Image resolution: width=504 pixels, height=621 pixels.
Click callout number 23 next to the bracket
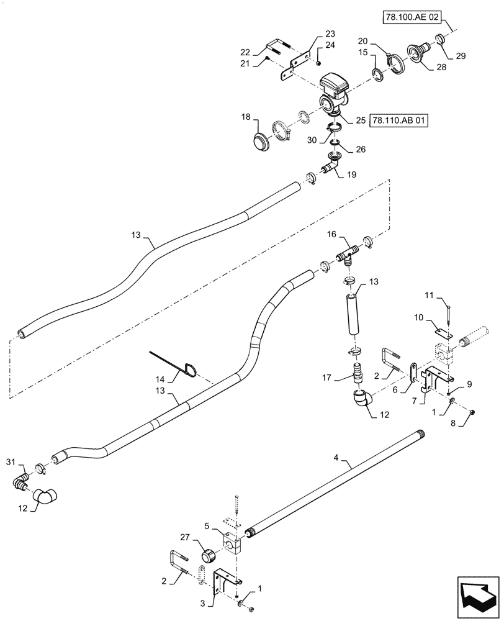coord(329,35)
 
